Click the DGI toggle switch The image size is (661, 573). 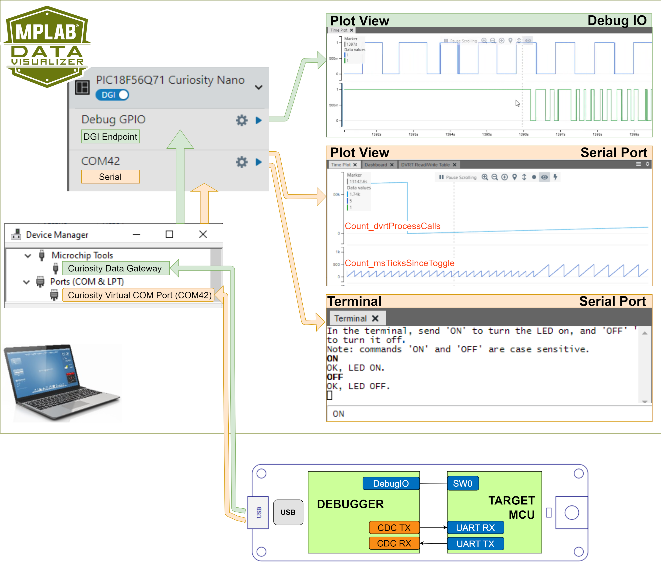click(112, 95)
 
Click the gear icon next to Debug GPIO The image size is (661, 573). click(242, 120)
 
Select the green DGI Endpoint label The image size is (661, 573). click(110, 137)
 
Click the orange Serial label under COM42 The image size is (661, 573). click(110, 177)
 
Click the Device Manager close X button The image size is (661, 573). click(203, 234)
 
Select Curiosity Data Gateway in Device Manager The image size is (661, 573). click(115, 268)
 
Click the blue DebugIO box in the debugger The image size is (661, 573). click(391, 483)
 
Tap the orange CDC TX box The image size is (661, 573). click(394, 528)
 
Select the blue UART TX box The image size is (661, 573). click(476, 544)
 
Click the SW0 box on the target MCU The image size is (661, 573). click(462, 483)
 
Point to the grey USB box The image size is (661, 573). click(288, 512)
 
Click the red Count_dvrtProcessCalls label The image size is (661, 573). click(392, 226)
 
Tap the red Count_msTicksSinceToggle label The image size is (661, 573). click(399, 263)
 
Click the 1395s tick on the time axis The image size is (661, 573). click(487, 134)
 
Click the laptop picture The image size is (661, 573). click(62, 382)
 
